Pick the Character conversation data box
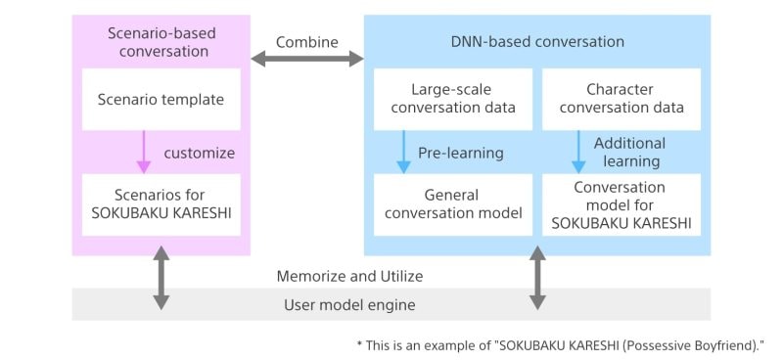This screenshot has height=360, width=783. point(620,99)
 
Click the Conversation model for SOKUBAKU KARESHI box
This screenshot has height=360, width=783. point(620,204)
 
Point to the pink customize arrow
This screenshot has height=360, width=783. point(144,153)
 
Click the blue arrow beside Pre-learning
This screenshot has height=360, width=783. point(401,153)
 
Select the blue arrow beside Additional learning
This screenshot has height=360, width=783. point(578,153)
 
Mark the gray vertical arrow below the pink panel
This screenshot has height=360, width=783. point(161,279)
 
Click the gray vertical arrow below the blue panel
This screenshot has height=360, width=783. point(537,279)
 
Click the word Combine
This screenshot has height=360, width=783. point(307,42)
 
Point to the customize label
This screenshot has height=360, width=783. point(200,153)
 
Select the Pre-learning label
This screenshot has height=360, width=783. point(460,154)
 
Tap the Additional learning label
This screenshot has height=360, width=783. point(629,152)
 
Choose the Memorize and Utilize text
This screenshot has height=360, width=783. point(348,277)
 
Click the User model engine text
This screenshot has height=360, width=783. point(348,305)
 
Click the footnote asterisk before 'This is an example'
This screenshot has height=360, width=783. point(359,345)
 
